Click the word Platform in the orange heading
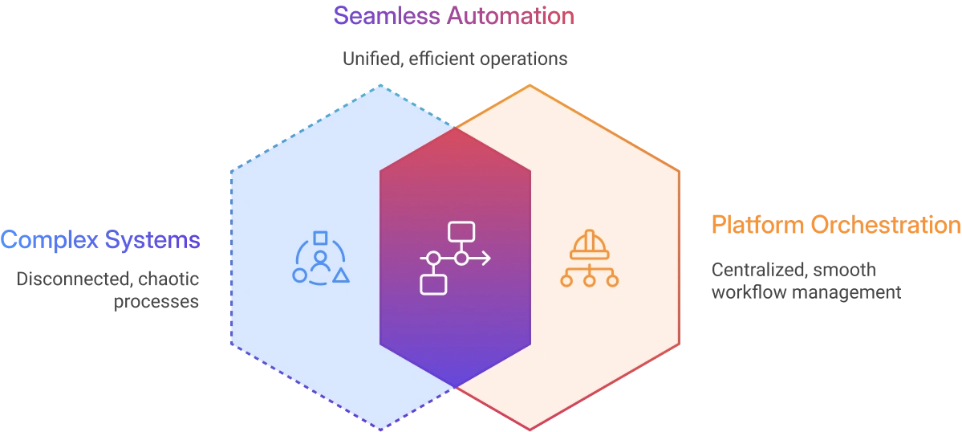(757, 226)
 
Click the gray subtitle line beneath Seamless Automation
(455, 60)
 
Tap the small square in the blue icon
(320, 238)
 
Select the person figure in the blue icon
(320, 261)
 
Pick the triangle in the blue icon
(341, 275)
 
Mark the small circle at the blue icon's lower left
(299, 275)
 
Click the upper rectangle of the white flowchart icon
(461, 231)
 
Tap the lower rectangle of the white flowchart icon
(433, 283)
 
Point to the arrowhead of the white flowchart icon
(485, 258)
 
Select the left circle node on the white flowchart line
(433, 258)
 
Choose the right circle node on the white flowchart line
(461, 258)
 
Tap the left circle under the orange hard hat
(566, 280)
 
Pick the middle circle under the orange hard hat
(589, 280)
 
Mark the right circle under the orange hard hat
(612, 280)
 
